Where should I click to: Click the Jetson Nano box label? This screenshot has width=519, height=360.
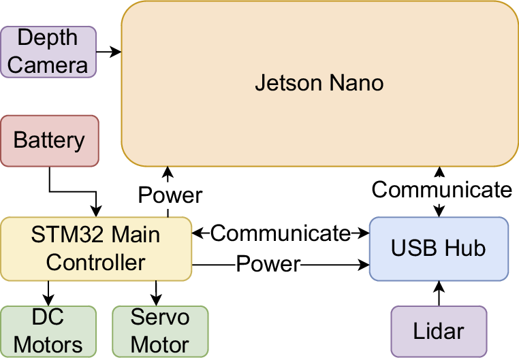pyautogui.click(x=319, y=84)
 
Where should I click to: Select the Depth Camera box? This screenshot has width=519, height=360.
pyautogui.click(x=48, y=52)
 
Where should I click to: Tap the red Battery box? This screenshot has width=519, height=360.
pyautogui.click(x=49, y=141)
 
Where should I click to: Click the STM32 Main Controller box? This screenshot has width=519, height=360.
pyautogui.click(x=95, y=249)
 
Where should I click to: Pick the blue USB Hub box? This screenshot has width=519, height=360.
pyautogui.click(x=438, y=248)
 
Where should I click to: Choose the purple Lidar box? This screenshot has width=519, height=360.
pyautogui.click(x=438, y=331)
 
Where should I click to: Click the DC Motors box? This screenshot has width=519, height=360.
pyautogui.click(x=48, y=331)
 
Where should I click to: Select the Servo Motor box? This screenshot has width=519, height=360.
pyautogui.click(x=159, y=331)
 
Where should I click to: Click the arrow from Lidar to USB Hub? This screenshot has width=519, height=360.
pyautogui.click(x=439, y=293)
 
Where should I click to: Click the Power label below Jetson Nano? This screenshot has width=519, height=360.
pyautogui.click(x=170, y=195)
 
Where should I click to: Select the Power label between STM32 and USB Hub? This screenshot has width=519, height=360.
pyautogui.click(x=268, y=264)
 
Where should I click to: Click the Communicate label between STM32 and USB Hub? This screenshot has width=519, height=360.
pyautogui.click(x=280, y=233)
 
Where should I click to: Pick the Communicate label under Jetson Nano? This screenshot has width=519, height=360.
pyautogui.click(x=441, y=189)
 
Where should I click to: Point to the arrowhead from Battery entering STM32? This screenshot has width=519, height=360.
pyautogui.click(x=96, y=212)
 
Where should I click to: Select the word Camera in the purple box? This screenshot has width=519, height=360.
pyautogui.click(x=48, y=65)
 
